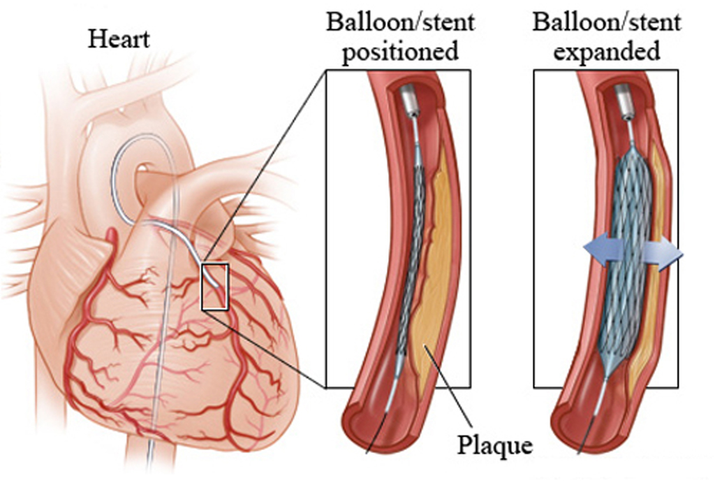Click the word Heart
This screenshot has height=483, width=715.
(118, 38)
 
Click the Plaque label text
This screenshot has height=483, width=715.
(495, 444)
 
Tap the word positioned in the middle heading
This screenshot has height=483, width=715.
(400, 53)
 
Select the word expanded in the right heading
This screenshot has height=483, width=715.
(606, 53)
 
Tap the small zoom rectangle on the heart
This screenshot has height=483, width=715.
(214, 287)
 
